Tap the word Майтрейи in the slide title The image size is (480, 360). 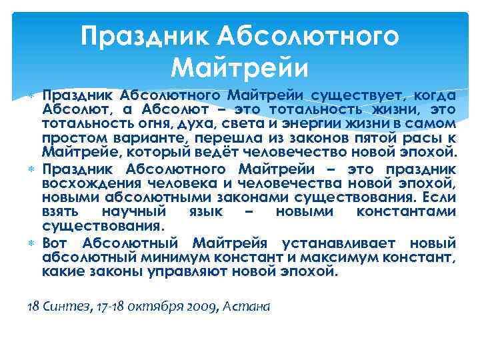pos(239,66)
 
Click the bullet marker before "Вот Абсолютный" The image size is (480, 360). pos(32,242)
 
